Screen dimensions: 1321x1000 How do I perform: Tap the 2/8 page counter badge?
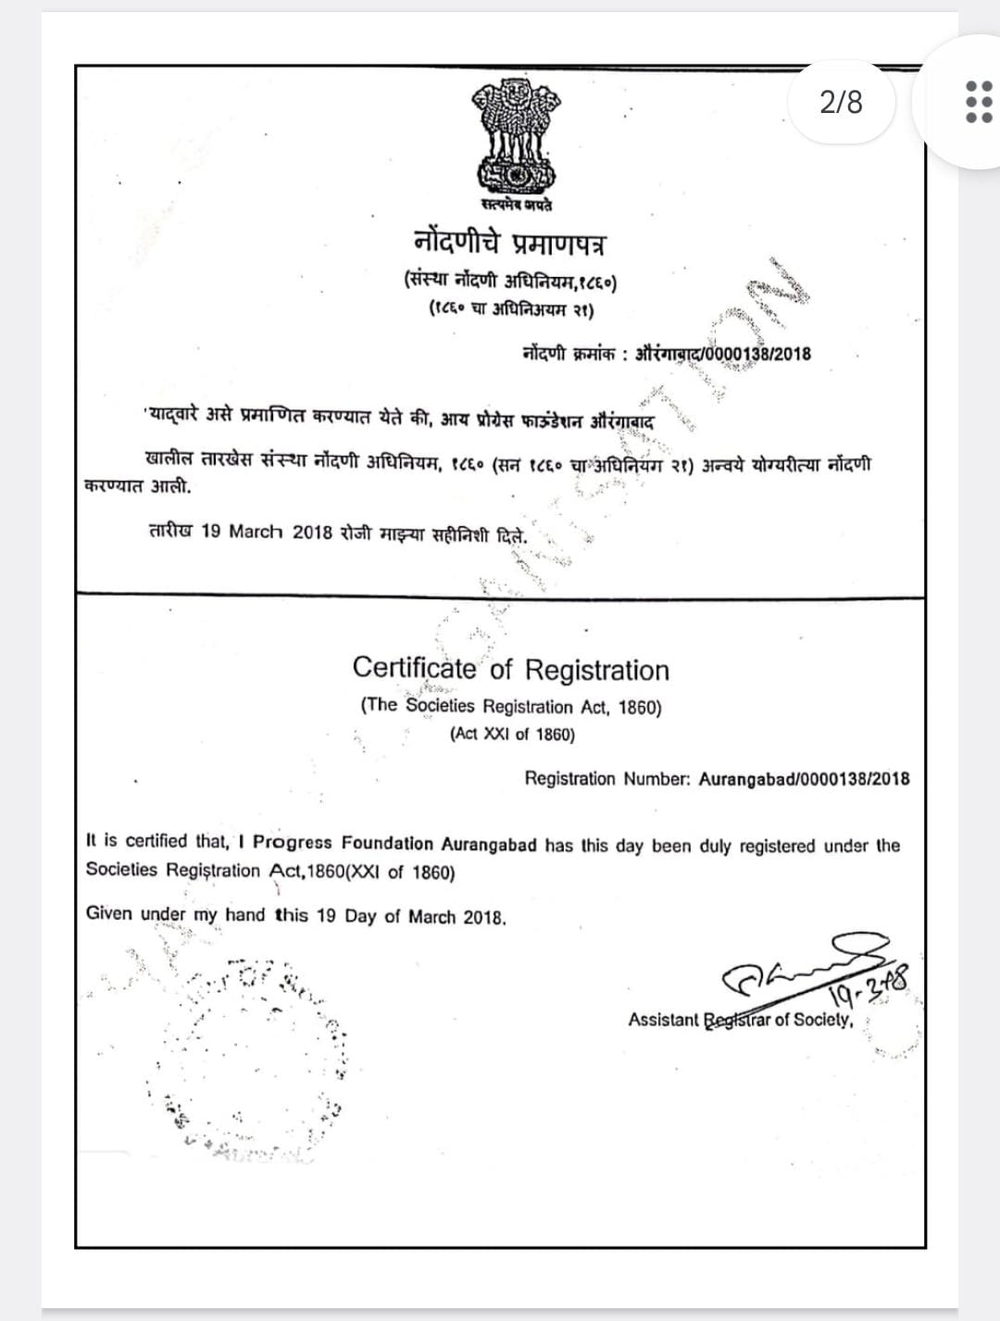coord(841,102)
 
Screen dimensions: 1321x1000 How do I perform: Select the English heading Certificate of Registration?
coord(510,669)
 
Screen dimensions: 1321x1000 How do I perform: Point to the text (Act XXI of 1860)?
coord(512,734)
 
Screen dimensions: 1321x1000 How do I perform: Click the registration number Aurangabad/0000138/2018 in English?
coord(804,779)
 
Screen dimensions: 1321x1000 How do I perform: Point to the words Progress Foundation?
coord(343,844)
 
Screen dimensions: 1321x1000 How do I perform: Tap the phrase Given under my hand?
coord(176,914)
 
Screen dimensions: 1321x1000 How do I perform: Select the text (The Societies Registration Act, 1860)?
coord(511,706)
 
